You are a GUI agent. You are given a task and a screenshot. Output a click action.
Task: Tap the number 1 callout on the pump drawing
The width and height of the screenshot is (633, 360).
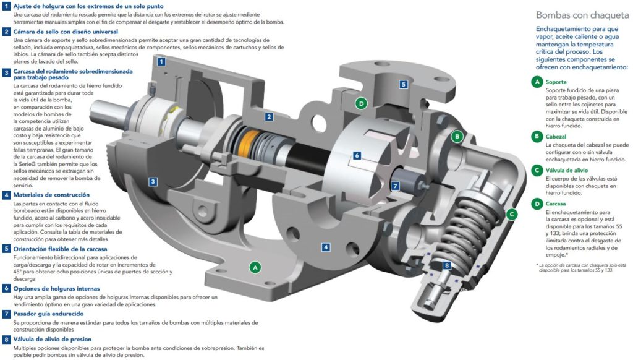pyautogui.click(x=161, y=62)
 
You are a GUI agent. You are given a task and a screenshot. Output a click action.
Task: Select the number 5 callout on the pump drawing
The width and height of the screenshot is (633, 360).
pyautogui.click(x=402, y=84)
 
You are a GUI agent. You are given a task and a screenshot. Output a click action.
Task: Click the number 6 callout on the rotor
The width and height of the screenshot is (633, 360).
pyautogui.click(x=357, y=156)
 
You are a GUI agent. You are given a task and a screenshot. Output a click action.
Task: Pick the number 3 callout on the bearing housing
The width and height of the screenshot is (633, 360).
pyautogui.click(x=153, y=181)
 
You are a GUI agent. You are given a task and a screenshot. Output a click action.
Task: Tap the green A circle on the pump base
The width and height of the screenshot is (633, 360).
pyautogui.click(x=253, y=267)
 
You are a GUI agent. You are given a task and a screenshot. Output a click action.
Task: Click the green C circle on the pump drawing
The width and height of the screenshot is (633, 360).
pyautogui.click(x=511, y=215)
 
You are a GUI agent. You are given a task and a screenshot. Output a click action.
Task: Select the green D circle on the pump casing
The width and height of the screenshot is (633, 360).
pyautogui.click(x=361, y=103)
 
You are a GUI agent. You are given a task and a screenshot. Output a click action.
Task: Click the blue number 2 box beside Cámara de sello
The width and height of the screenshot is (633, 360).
pyautogui.click(x=6, y=31)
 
